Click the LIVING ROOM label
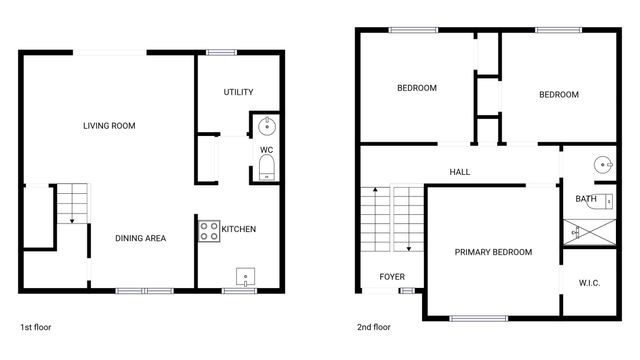[109, 125]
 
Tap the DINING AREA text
[140, 238]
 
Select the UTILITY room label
[237, 92]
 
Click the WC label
[266, 150]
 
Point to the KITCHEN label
[238, 229]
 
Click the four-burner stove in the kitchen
[209, 231]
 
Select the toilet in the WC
[266, 172]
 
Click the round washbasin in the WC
[267, 126]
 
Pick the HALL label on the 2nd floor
[459, 172]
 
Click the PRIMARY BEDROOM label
[493, 252]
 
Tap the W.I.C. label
[590, 282]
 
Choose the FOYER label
[391, 276]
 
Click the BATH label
[585, 199]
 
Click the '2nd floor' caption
[373, 327]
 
